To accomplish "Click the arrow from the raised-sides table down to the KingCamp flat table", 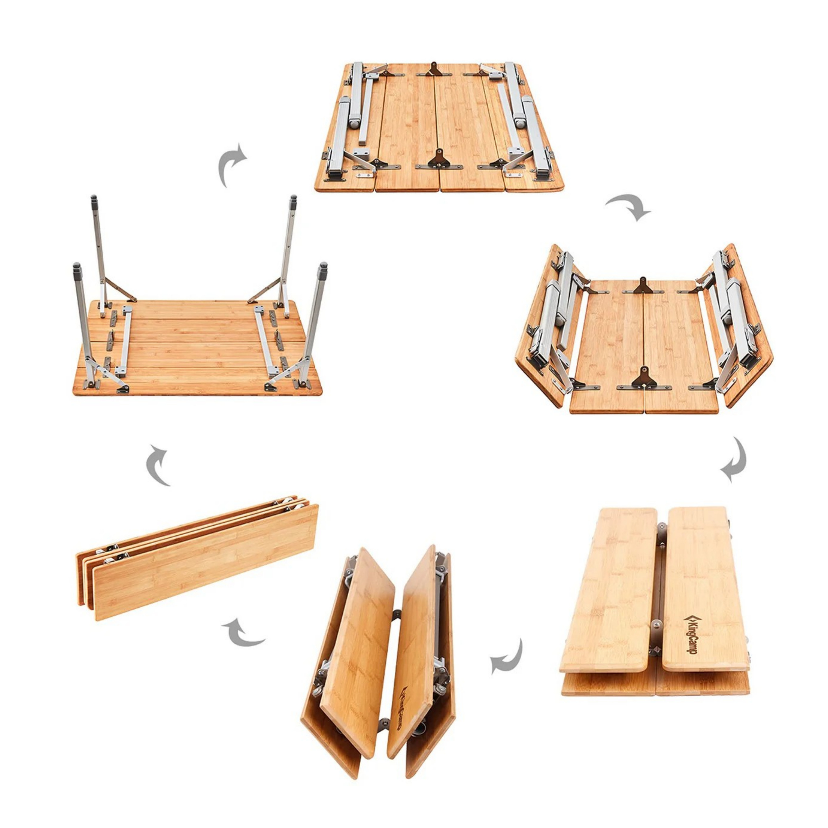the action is click(x=735, y=460).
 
